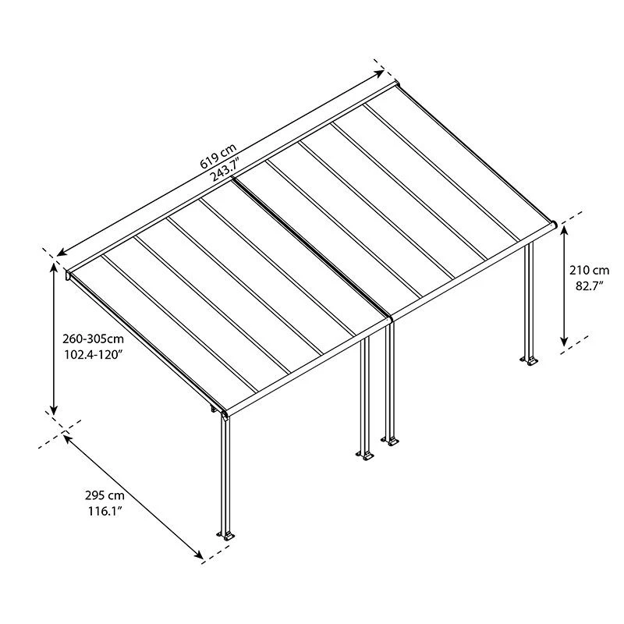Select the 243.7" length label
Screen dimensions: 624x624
click(x=227, y=169)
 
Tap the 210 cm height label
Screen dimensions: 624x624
click(x=589, y=271)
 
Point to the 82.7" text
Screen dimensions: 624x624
click(x=590, y=286)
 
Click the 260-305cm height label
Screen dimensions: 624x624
click(x=93, y=339)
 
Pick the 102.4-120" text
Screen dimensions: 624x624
click(x=92, y=355)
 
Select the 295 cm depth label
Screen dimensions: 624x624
click(x=105, y=495)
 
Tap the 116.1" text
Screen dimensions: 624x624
click(x=105, y=511)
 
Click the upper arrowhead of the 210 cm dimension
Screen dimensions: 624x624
click(x=564, y=230)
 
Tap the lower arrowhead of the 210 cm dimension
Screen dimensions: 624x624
click(x=564, y=341)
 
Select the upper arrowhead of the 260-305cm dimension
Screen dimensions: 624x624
click(x=54, y=268)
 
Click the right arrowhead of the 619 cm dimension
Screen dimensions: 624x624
click(x=379, y=73)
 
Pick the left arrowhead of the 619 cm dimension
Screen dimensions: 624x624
click(x=62, y=252)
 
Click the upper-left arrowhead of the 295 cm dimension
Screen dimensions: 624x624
click(x=68, y=439)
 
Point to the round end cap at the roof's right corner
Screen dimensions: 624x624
click(x=553, y=225)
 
